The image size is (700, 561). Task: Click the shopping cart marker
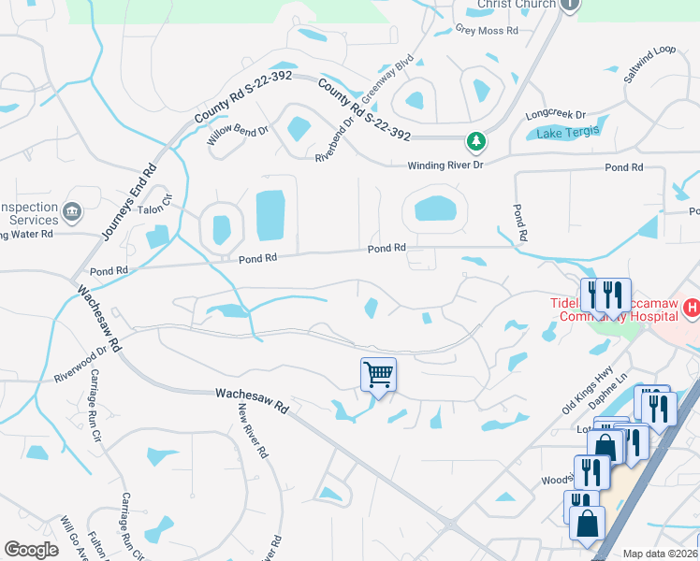(x=379, y=375)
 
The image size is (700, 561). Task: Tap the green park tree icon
(x=477, y=142)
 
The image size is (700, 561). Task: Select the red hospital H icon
(x=691, y=308)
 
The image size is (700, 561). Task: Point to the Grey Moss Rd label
(x=487, y=31)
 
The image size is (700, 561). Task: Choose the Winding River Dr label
(x=445, y=165)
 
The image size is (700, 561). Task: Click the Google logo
(x=32, y=550)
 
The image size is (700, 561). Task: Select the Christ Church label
(x=511, y=5)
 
